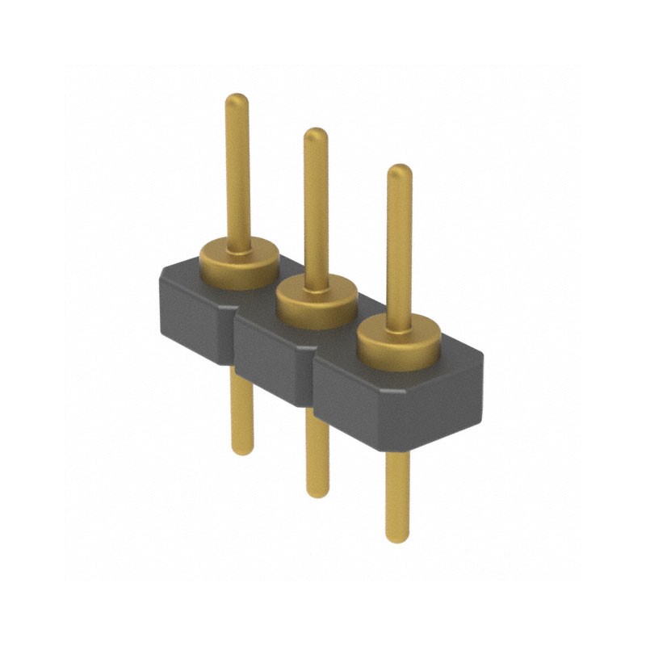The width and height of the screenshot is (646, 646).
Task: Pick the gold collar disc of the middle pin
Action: [x=317, y=304]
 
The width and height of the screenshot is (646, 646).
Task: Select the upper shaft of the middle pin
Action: [x=316, y=210]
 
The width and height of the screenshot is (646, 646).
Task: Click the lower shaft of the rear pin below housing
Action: [x=241, y=408]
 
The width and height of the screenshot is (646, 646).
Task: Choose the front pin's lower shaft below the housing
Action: [x=397, y=493]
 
